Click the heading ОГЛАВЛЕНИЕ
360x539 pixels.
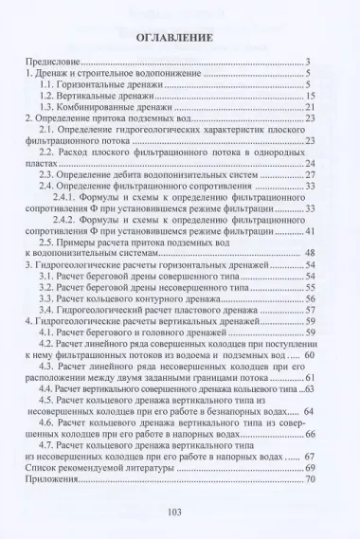(180, 38)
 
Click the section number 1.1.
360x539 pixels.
(48, 84)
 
